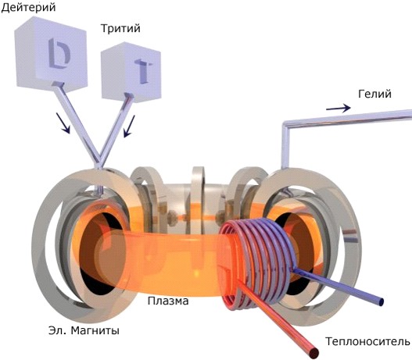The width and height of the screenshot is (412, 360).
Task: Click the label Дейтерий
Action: (x=28, y=7)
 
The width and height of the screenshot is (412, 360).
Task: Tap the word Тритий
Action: (x=120, y=28)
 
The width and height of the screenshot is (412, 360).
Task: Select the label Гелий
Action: (x=374, y=94)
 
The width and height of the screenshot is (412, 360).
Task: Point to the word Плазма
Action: (x=168, y=301)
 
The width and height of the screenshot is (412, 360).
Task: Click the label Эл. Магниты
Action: (x=84, y=330)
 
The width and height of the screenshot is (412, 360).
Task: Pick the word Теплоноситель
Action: (x=367, y=341)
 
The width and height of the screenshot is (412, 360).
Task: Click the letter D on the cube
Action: (x=59, y=52)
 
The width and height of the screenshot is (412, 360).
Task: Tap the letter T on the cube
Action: (x=144, y=70)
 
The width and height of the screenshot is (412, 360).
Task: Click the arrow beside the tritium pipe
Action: (x=129, y=127)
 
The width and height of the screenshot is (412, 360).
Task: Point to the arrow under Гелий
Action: (x=339, y=108)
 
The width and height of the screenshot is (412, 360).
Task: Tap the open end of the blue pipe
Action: (x=381, y=301)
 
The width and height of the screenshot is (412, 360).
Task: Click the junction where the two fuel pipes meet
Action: (x=99, y=162)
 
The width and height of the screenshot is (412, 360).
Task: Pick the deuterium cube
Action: (x=51, y=53)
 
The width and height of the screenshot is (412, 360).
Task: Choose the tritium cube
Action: (x=131, y=71)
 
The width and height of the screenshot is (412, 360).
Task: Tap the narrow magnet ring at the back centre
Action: (x=199, y=199)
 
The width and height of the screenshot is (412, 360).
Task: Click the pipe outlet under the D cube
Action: (x=58, y=84)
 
